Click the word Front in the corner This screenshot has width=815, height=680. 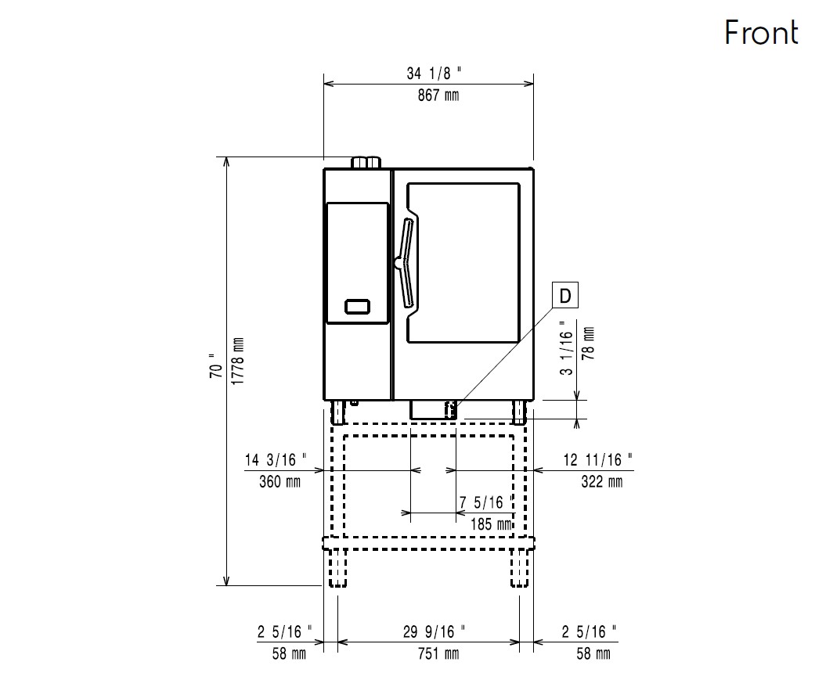[761, 33]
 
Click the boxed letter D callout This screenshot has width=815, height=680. [564, 296]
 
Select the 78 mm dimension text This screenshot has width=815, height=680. [589, 344]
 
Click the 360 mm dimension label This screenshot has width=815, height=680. [279, 482]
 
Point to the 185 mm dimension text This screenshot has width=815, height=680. [491, 524]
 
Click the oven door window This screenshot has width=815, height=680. [463, 262]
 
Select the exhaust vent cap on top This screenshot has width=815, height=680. [366, 163]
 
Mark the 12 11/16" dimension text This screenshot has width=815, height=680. [597, 460]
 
